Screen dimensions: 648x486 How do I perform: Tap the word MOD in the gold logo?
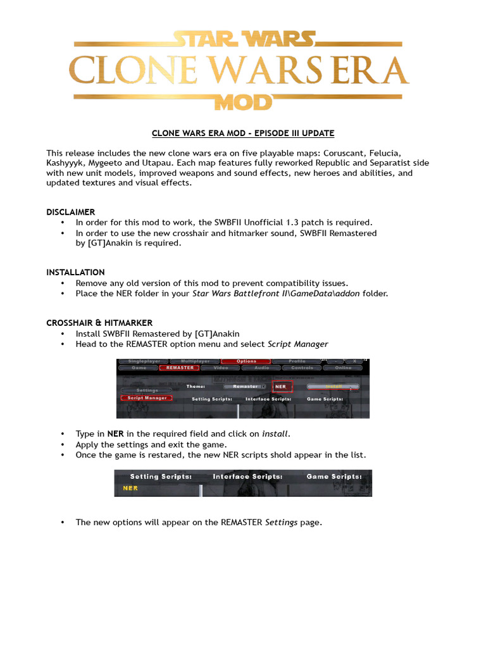coord(243,102)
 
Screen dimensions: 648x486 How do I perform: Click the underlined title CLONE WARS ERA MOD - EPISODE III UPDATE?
coord(243,134)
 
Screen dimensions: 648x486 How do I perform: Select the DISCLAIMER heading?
coord(70,212)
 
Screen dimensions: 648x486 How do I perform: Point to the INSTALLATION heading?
coord(75,272)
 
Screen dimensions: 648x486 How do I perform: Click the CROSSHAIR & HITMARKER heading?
coord(99,323)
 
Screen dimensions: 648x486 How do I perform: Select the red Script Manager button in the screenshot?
coord(147,398)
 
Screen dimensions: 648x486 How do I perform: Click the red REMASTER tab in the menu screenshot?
coord(180,368)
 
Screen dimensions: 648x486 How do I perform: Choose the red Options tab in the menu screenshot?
coord(246,361)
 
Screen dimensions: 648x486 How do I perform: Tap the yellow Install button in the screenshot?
coord(333,386)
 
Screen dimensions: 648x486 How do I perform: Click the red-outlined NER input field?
coord(282,386)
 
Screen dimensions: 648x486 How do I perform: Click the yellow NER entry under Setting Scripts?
coord(130,489)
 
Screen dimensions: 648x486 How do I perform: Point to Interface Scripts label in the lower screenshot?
coord(247,477)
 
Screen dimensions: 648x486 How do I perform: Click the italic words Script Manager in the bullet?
coord(298,344)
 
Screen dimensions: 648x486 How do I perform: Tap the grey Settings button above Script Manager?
coord(147,390)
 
